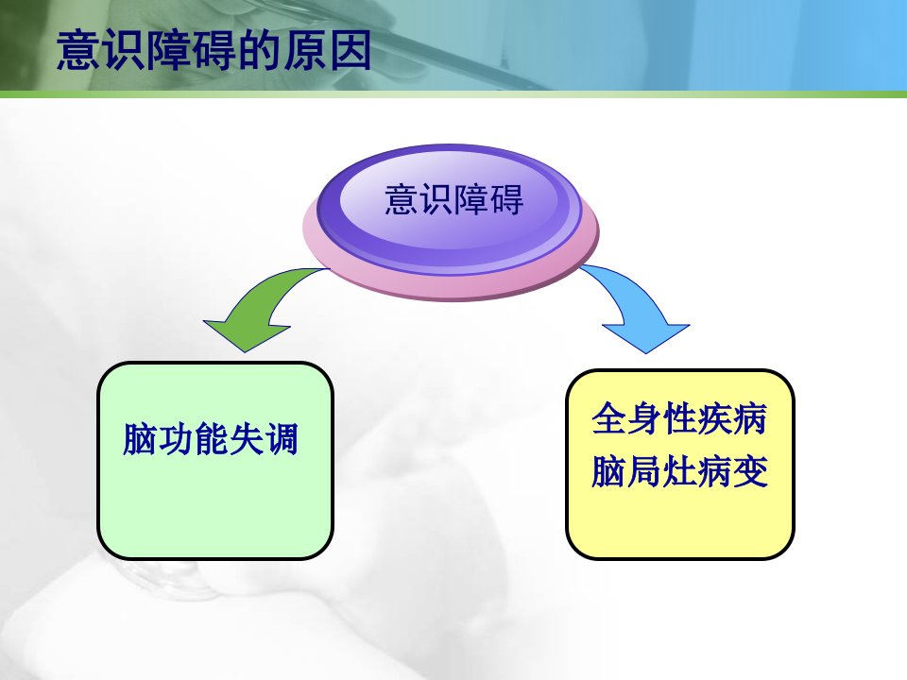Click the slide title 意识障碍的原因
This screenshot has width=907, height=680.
214,51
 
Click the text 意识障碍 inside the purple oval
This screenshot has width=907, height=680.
454,199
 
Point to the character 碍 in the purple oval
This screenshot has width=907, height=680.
506,199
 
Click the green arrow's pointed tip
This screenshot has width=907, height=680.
246,351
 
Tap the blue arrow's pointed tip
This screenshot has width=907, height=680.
646,352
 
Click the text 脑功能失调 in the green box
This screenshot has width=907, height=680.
211,439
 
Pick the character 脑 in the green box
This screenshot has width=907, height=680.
140,439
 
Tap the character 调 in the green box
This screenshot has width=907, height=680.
282,439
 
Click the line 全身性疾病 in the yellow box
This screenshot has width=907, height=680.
679,418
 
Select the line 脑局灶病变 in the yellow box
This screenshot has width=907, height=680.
679,471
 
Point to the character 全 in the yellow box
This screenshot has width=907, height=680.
608,418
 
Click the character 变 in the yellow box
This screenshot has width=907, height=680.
750,471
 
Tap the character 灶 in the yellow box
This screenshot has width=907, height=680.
679,471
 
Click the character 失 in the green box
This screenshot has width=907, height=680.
246,439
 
